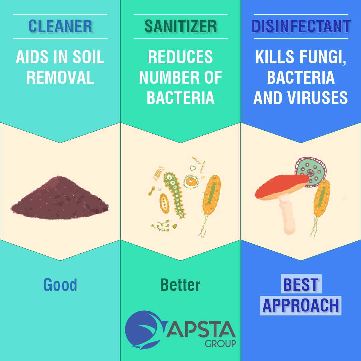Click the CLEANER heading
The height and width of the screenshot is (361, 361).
60,26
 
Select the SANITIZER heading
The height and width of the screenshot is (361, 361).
180,26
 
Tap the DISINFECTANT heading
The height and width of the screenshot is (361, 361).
301,26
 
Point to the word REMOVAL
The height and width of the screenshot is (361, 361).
60,77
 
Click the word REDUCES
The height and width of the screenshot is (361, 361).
180,57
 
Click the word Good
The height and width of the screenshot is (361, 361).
60,285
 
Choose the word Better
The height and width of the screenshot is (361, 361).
180,285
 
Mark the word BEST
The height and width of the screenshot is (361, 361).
301,285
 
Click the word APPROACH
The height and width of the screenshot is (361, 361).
301,305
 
